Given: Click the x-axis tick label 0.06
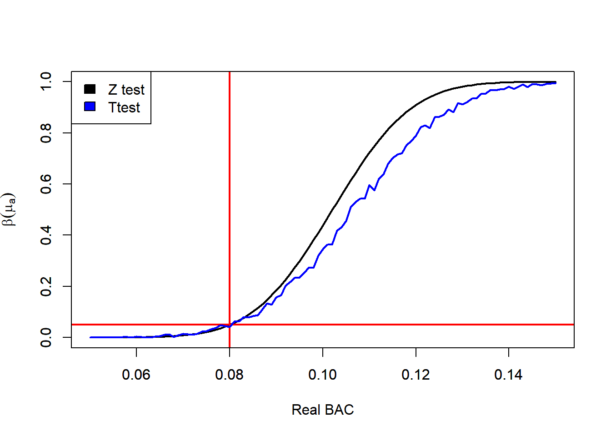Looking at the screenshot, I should point(136,375).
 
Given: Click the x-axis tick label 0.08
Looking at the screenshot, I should point(229,375).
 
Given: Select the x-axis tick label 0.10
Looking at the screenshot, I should point(322,375).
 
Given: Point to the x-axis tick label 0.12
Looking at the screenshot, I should point(416,375).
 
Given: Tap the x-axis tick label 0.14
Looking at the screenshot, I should point(508,375).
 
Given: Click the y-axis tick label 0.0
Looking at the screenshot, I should point(46,337).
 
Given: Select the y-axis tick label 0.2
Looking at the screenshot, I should point(46,286).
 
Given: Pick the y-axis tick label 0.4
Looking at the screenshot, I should point(46,235).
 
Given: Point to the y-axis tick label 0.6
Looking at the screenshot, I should point(46,184).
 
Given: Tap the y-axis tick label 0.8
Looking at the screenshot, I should point(46,133).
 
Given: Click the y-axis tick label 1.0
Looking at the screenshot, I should point(46,81).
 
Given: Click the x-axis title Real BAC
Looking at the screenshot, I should point(322,410).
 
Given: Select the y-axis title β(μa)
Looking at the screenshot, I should point(9,209).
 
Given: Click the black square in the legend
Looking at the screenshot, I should point(90,89).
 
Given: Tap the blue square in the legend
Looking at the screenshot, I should point(90,107).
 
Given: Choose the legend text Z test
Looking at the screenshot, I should point(126,90).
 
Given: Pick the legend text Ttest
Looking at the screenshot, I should point(124,107).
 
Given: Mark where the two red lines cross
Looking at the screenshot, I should point(230,325).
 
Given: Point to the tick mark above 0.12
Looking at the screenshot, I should point(416,352).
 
